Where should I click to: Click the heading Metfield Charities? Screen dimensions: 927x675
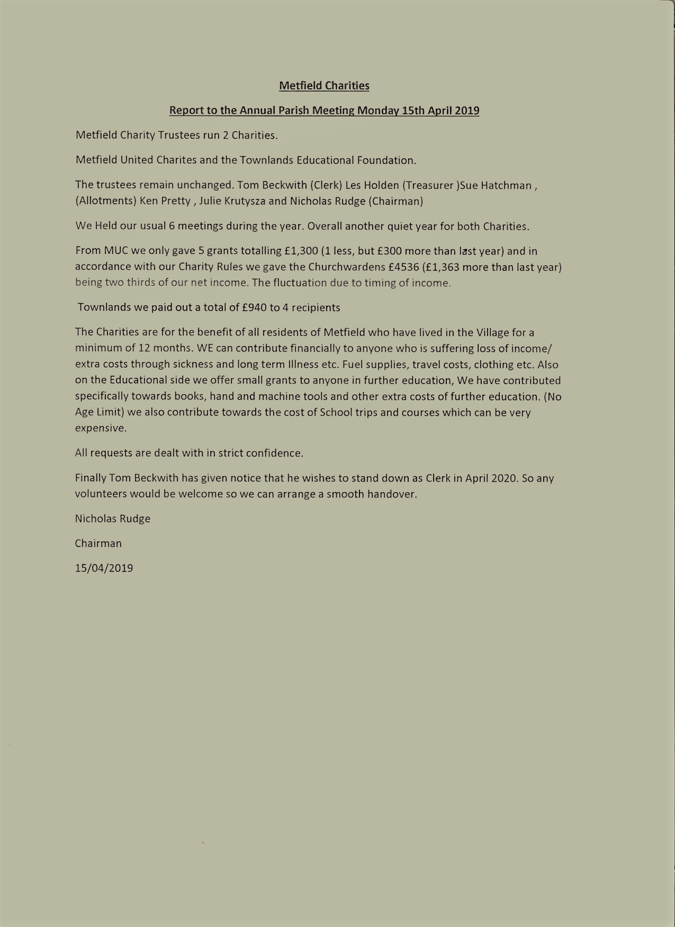click(x=324, y=86)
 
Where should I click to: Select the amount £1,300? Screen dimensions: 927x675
click(x=301, y=251)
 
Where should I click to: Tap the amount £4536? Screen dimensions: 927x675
click(x=404, y=267)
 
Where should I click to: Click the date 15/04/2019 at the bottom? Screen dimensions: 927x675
click(x=104, y=568)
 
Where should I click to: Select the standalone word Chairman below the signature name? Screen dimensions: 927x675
click(x=98, y=543)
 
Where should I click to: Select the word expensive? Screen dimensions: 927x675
click(x=101, y=428)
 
